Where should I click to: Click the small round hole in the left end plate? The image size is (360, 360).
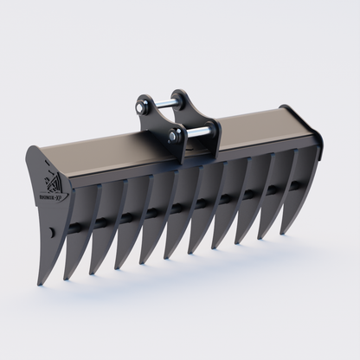(52, 232)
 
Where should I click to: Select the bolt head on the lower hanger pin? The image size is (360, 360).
(173, 136)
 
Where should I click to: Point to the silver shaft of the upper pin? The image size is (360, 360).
(164, 106)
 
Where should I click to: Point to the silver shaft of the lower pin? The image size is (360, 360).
(196, 132)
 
